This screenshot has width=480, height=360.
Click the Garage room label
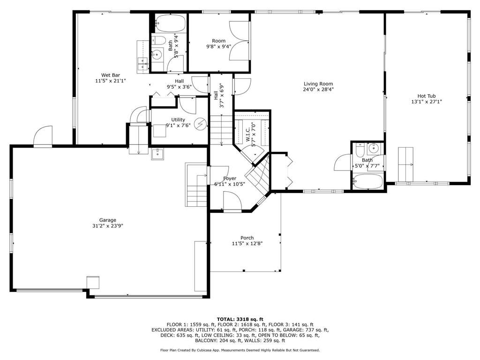pos(107,220)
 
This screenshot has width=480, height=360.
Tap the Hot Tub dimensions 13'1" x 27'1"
pos(427,101)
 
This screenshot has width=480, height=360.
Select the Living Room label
pos(318,83)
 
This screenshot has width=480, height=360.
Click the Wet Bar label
pos(110,75)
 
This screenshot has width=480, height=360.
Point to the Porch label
pos(247,238)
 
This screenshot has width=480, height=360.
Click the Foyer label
pos(230,179)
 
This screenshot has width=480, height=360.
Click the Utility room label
pos(178,120)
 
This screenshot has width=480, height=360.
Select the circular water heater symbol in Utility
pos(200,124)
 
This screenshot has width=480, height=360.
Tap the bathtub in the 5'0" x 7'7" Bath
pos(368,182)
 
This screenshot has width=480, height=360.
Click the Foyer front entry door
pos(232,202)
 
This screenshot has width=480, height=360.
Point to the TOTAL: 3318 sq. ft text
pos(240,319)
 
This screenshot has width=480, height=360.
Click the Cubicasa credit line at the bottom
pos(240,350)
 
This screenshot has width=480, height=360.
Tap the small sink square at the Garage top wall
pos(158,153)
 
